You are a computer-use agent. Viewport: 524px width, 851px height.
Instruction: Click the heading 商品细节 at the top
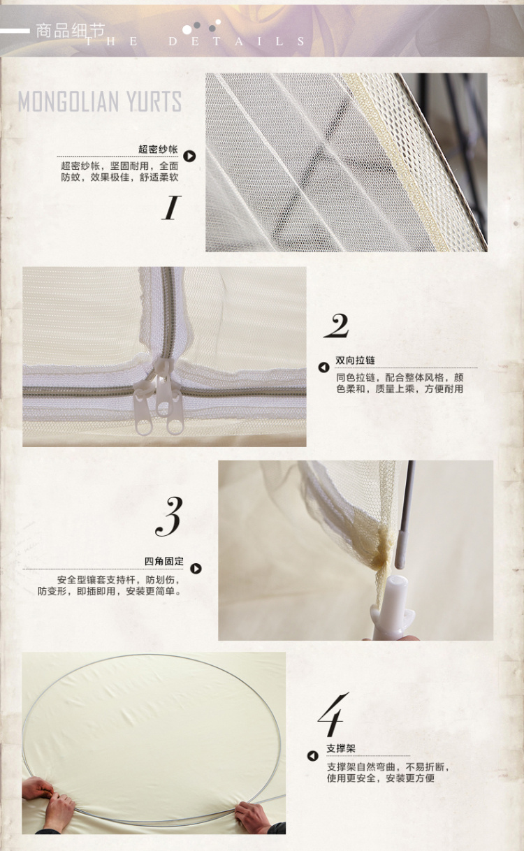[70, 31]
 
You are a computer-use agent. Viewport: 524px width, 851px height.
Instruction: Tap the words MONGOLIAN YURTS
[100, 101]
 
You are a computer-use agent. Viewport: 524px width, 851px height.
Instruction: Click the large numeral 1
[171, 208]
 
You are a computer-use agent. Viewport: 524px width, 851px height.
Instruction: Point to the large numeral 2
[336, 326]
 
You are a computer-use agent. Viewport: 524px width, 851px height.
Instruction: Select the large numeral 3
[169, 516]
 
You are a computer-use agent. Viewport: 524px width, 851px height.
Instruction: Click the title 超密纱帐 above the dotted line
[158, 150]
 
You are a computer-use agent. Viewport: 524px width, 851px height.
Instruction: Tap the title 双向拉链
[355, 360]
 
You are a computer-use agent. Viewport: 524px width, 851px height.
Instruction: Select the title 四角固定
[163, 561]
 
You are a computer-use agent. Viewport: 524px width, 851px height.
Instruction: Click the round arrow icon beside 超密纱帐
[189, 156]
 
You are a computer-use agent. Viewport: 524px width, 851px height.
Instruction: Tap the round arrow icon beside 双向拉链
[323, 368]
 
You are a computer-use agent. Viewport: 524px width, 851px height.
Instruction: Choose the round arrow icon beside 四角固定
[196, 568]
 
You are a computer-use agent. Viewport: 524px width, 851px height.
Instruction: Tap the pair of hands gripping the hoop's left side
[48, 801]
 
